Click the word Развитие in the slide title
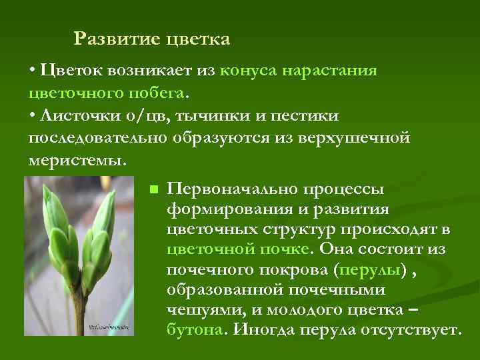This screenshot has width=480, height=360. click(113, 39)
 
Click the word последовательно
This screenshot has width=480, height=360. click(98, 138)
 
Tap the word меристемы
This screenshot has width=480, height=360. click(75, 161)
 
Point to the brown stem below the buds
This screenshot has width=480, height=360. click(79, 310)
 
